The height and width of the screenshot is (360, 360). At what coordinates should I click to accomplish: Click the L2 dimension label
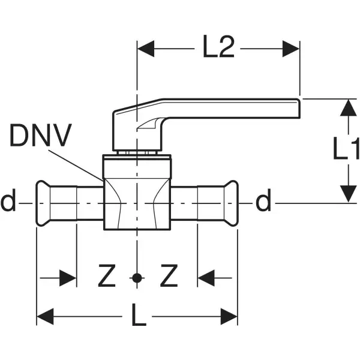tap(219, 49)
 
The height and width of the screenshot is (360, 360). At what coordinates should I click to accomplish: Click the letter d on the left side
tap(8, 203)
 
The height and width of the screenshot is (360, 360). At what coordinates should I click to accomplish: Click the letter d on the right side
tap(263, 203)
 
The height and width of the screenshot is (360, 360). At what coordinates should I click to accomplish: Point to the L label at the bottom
tap(139, 316)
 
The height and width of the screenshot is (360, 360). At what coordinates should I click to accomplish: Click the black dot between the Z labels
tap(138, 277)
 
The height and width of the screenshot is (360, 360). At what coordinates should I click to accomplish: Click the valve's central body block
tap(138, 195)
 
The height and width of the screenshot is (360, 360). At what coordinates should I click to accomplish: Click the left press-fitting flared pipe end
tap(43, 203)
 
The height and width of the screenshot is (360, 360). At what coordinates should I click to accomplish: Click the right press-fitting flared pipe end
tap(232, 203)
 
